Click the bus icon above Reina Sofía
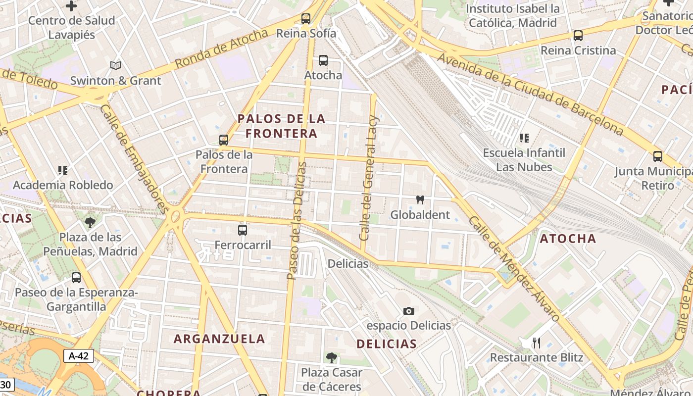306,19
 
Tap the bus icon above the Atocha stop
323,60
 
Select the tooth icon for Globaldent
420,200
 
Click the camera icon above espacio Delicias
408,311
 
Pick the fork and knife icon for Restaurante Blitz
536,343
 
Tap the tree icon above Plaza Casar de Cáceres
331,357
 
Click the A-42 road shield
78,355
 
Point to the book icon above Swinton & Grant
116,65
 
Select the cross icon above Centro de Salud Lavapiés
71,6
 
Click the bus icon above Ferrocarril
243,230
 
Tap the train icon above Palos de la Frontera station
224,140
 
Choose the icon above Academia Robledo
63,170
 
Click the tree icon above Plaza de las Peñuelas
90,222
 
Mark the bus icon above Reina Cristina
578,36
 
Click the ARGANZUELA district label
219,339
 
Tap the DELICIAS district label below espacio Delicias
387,344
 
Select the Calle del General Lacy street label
369,178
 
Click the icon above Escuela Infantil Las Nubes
524,138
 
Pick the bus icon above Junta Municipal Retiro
658,156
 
